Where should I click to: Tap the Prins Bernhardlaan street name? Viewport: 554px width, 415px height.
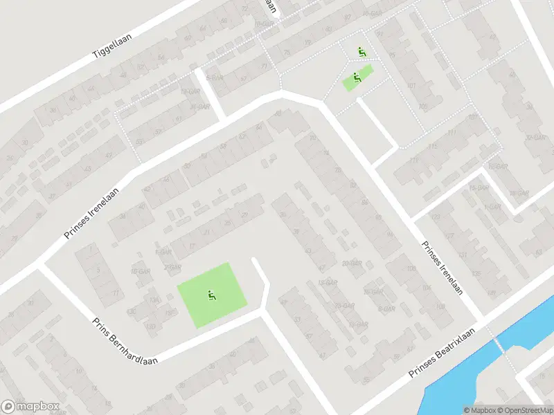(x=125, y=341)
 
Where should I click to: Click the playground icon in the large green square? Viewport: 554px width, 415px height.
(x=211, y=296)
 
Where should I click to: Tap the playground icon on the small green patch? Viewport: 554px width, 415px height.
(x=356, y=78)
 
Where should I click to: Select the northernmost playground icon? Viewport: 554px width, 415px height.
(x=361, y=52)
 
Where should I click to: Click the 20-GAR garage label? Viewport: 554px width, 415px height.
(x=351, y=263)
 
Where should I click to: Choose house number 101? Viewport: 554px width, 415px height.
(x=411, y=86)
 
